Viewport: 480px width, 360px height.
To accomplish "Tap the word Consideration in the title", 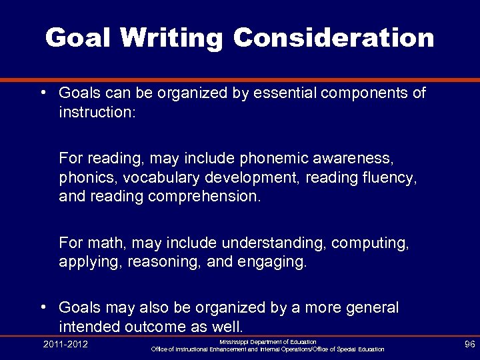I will pyautogui.click(x=333, y=37).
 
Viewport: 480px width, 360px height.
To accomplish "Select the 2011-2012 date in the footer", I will pyautogui.click(x=65, y=345).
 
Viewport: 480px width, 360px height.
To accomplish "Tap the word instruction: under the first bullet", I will pyautogui.click(x=97, y=112).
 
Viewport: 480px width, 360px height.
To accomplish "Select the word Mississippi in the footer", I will pyautogui.click(x=236, y=341).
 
